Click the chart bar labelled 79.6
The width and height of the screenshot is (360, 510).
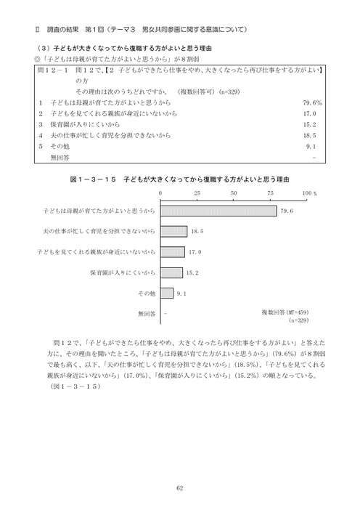[x=218, y=211]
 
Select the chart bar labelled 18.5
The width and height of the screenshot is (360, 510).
[x=173, y=231]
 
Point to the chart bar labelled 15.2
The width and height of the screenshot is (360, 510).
[x=171, y=273]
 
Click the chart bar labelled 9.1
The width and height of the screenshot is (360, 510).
[x=166, y=294]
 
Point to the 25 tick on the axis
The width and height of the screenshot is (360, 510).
[x=197, y=193]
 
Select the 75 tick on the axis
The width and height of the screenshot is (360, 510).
[x=271, y=193]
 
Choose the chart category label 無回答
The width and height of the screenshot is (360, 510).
[x=146, y=315]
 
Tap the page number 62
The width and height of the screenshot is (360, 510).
[x=179, y=487]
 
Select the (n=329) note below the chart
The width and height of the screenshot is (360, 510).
[x=298, y=320]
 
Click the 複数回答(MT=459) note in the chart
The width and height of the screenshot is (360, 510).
[x=286, y=312]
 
